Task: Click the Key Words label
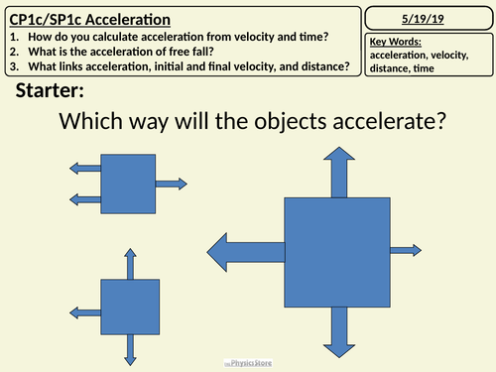tap(394, 42)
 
